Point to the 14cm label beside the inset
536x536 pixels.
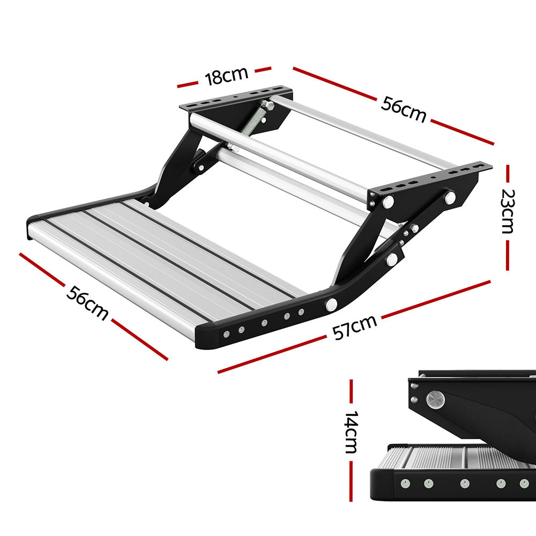[351, 433]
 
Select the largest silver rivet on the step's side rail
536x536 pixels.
[331, 304]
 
